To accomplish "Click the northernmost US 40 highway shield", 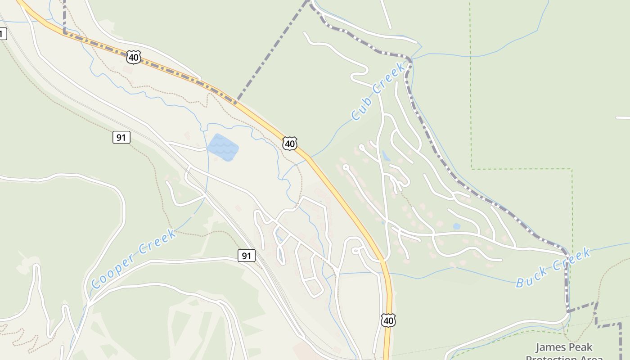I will coord(134,57).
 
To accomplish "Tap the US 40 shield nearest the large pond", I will coord(290,144).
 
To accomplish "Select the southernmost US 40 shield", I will coord(388,320).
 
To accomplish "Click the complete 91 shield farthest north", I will coord(121,137).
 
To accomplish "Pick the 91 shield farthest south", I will coord(246,256).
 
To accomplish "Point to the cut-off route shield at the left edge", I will coord(3,33).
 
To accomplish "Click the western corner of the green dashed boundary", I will coord(471,169).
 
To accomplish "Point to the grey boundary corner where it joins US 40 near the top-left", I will coord(65,33).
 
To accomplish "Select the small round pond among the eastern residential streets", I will coord(456,226).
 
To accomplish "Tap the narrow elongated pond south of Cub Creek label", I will coord(386,156).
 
